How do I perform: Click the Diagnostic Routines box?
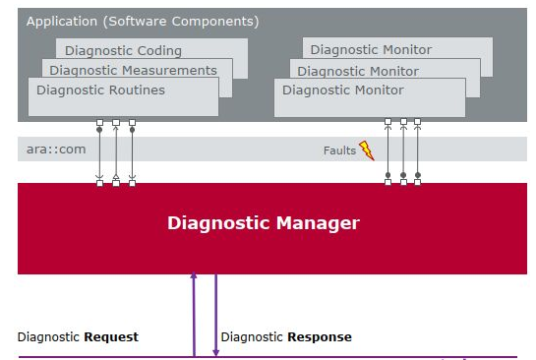pyautogui.click(x=123, y=96)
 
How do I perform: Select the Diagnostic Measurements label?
pyautogui.click(x=133, y=70)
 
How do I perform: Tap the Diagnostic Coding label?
pyautogui.click(x=123, y=51)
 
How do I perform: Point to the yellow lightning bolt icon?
pyautogui.click(x=366, y=150)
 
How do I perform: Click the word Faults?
pyautogui.click(x=339, y=150)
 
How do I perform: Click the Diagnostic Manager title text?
pyautogui.click(x=263, y=223)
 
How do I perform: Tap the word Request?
pyautogui.click(x=111, y=337)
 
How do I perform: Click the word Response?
pyautogui.click(x=319, y=337)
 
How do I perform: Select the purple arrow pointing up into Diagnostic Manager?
pyautogui.click(x=194, y=315)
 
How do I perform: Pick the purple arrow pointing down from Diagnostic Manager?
pyautogui.click(x=215, y=315)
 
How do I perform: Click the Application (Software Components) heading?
pyautogui.click(x=143, y=21)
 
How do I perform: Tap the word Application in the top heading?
pyautogui.click(x=63, y=21)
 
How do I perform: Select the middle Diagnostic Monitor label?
pyautogui.click(x=357, y=71)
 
